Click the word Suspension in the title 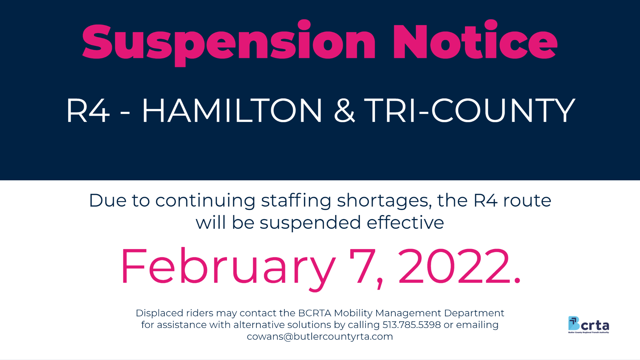coord(229,43)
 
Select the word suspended coord(310,223)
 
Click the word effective coord(405,222)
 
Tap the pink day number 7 coord(363,266)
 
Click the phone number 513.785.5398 coord(412,325)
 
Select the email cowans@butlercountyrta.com coord(320,337)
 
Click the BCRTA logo coord(589,325)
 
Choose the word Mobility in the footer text coord(353,313)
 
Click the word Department coord(474,313)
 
